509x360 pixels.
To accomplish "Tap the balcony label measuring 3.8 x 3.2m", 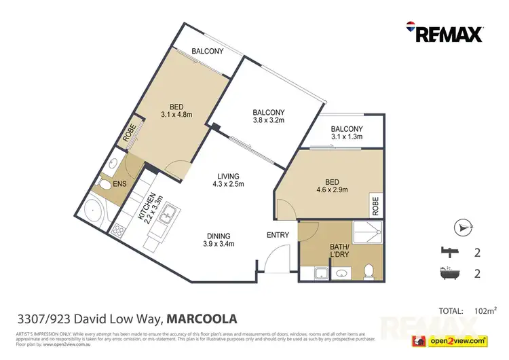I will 268,118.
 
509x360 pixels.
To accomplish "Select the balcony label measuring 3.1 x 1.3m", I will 346,132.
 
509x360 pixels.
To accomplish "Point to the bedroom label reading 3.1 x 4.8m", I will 176,110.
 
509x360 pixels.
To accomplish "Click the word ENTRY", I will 278,236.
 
